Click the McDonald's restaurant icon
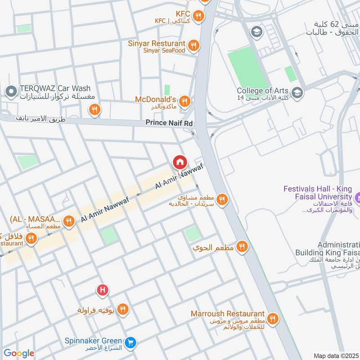click(184, 102)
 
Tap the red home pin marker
click(180, 162)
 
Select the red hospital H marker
click(103, 290)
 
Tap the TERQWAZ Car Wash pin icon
click(10, 92)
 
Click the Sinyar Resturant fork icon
click(193, 44)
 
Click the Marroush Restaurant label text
click(227, 313)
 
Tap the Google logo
click(18, 353)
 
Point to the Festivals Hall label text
click(317, 193)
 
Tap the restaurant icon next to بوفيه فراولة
click(122, 309)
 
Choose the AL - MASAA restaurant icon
click(68, 220)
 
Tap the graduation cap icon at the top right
click(256, 32)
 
